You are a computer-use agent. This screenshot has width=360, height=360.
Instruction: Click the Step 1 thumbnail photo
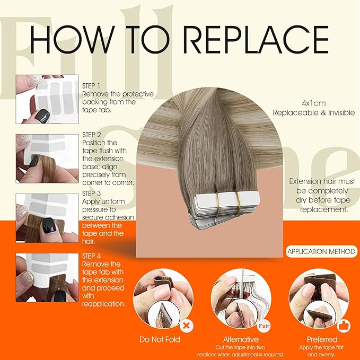[x=47, y=99]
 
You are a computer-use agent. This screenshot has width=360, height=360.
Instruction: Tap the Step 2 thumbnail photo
[x=47, y=159]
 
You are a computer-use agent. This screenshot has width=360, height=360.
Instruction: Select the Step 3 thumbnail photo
[x=47, y=218]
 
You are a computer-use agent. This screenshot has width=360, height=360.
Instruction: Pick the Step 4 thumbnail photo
[x=47, y=278]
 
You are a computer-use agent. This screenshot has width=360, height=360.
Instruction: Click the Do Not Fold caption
[x=160, y=339]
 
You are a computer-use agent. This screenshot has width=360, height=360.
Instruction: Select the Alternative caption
[x=241, y=339]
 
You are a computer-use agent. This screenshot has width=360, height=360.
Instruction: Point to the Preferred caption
[x=321, y=339]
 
